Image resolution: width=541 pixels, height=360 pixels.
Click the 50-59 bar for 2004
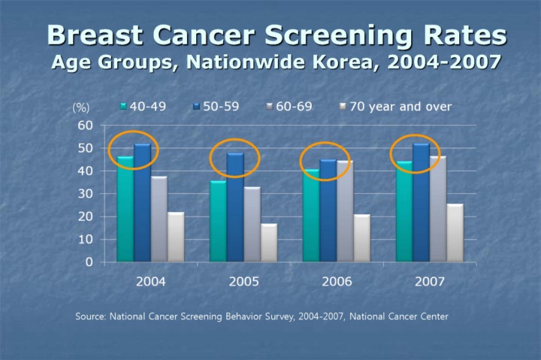143,203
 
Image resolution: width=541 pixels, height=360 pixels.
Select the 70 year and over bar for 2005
269,242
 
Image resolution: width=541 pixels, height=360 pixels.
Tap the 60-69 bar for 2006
345,211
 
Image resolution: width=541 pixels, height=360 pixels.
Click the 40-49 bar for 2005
218,221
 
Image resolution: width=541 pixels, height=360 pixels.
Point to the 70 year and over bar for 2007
455,233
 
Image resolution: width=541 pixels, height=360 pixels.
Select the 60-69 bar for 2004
159,219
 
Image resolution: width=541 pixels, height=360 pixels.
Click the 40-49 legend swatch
123,107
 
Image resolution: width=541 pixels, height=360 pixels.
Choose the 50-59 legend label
221,107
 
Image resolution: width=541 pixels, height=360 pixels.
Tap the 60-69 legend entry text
294,107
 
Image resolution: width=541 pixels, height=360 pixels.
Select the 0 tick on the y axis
89,262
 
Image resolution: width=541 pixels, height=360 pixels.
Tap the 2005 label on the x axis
243,282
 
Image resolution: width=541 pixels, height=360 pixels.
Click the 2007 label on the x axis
429,282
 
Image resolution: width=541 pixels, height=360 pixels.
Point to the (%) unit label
80,107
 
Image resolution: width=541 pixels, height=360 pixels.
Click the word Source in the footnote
90,316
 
